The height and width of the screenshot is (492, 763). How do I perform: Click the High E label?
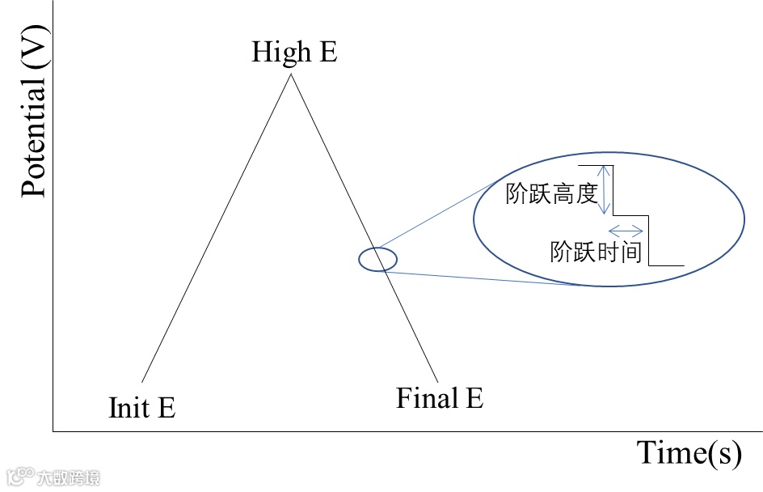294,53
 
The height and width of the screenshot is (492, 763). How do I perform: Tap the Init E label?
141,407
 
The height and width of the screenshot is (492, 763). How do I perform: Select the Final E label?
440,398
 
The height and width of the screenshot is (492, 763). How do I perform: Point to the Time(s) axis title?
689,453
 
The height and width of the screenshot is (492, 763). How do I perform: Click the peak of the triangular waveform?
291,74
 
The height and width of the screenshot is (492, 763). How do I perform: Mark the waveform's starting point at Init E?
141,382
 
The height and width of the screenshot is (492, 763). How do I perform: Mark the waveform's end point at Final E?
438,381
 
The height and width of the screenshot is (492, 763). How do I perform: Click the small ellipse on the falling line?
378,260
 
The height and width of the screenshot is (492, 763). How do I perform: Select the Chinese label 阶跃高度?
551,194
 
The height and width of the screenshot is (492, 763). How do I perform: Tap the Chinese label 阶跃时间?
596,252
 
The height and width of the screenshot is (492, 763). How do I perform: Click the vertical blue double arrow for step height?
601,190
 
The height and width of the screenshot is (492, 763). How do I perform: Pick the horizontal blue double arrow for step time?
626,230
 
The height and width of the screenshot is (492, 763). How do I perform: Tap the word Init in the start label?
125,407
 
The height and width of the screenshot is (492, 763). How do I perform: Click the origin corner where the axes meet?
53,431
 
